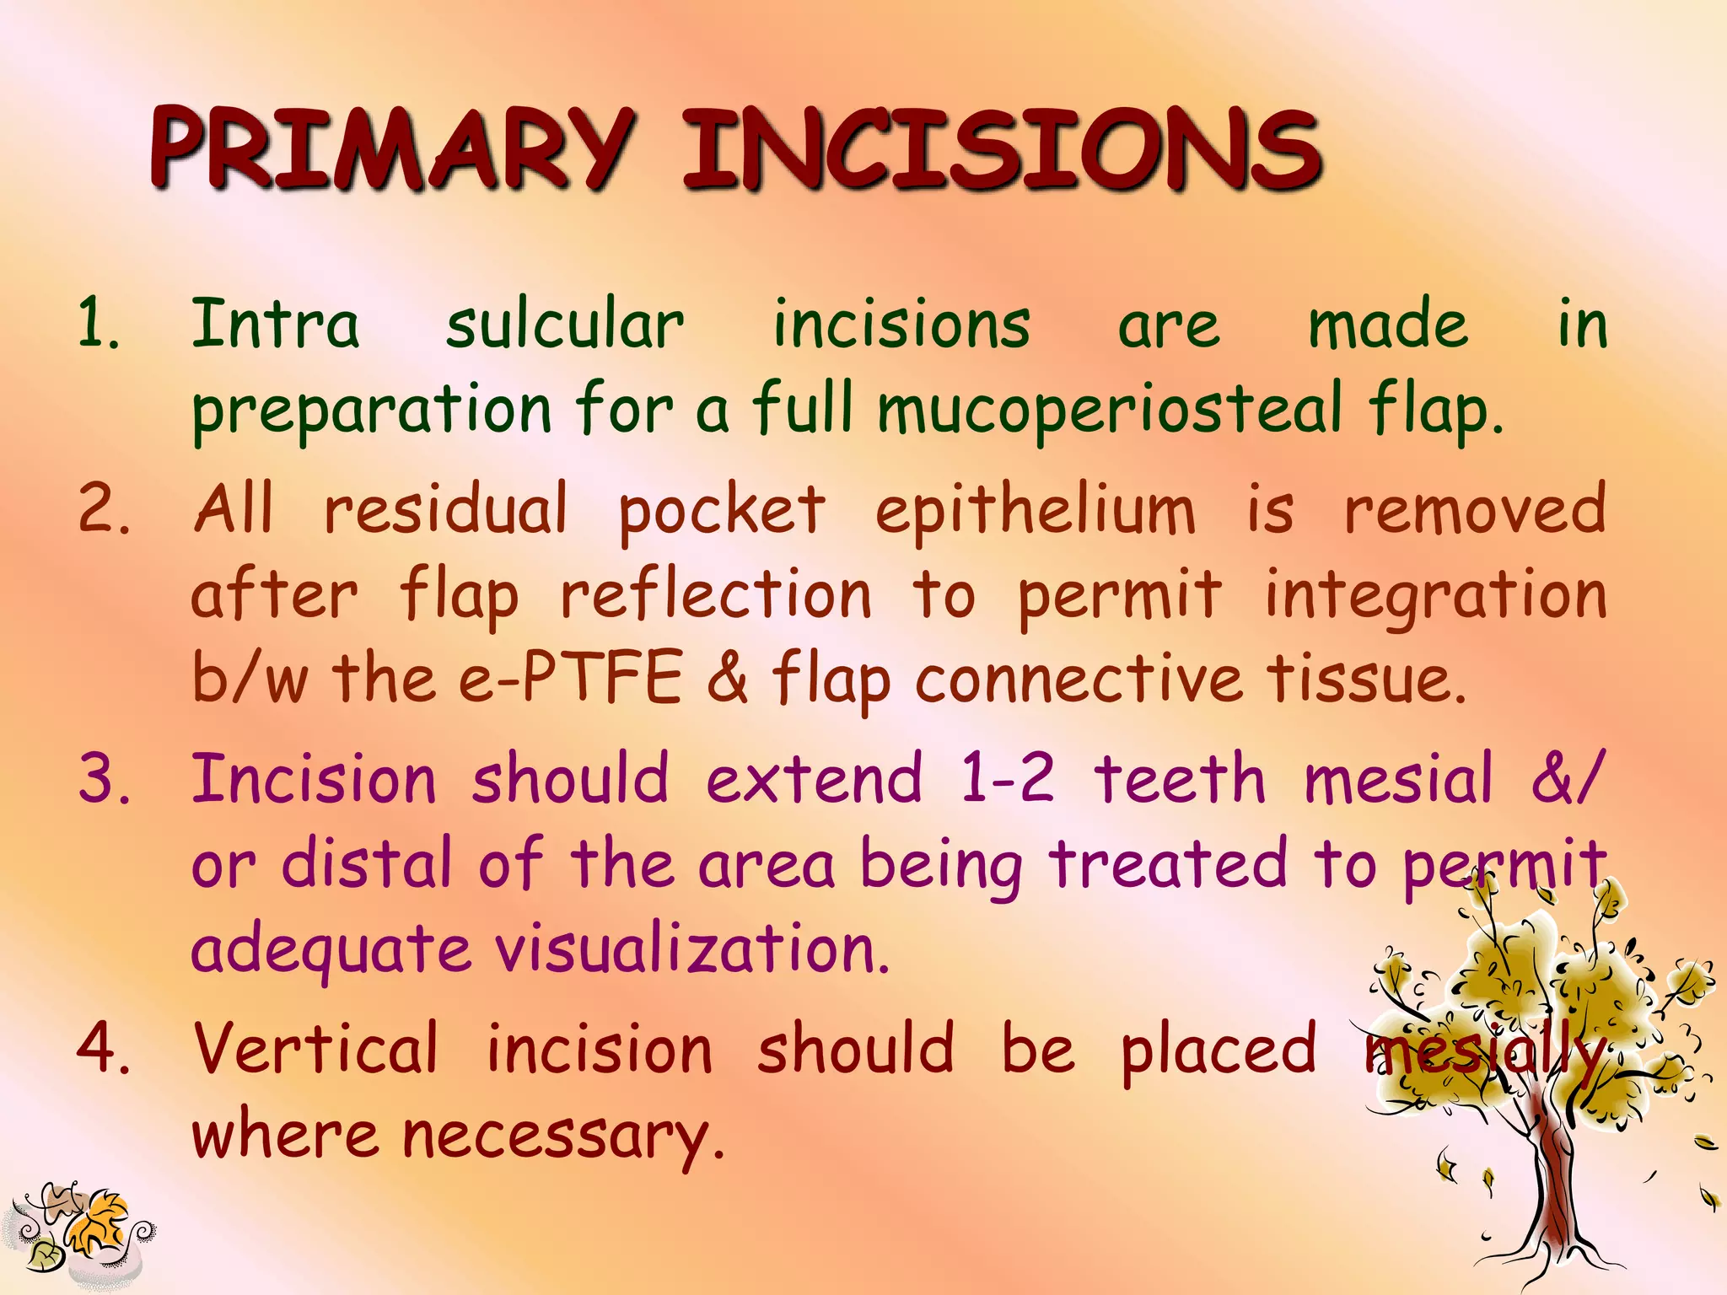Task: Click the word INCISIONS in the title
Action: click(x=1001, y=149)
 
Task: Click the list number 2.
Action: click(x=103, y=510)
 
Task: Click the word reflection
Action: click(x=715, y=595)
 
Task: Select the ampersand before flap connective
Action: click(x=727, y=678)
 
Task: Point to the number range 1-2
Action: click(x=1007, y=778)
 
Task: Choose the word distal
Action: click(x=366, y=864)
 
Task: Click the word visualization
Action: click(x=691, y=949)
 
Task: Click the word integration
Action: click(x=1435, y=595)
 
